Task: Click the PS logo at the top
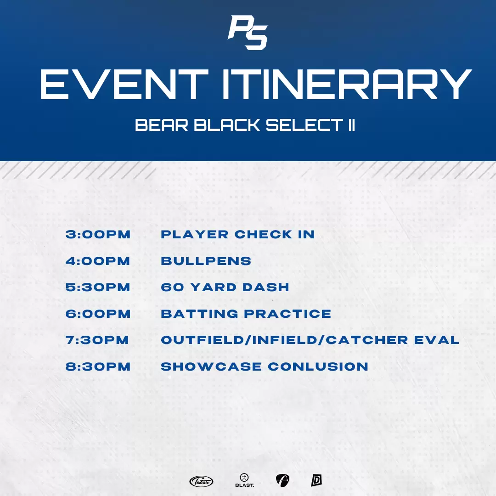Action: pos(248,33)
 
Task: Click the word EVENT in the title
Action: pos(124,85)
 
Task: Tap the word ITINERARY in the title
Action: pos(347,85)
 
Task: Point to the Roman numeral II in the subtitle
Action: pos(351,125)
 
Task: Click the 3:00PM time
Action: pos(98,234)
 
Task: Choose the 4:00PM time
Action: pos(98,261)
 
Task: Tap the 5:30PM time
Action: pos(98,287)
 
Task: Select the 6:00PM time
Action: pos(98,314)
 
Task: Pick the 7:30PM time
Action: pos(97,340)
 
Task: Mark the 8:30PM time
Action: pos(98,366)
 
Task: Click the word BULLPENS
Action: pos(206,261)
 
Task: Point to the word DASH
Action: pos(266,287)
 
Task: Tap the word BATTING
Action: pos(200,314)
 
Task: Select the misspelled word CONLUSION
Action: pos(318,366)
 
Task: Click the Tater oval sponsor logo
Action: pos(201,481)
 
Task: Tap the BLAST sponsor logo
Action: pos(244,480)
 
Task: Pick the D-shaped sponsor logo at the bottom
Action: pos(316,480)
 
